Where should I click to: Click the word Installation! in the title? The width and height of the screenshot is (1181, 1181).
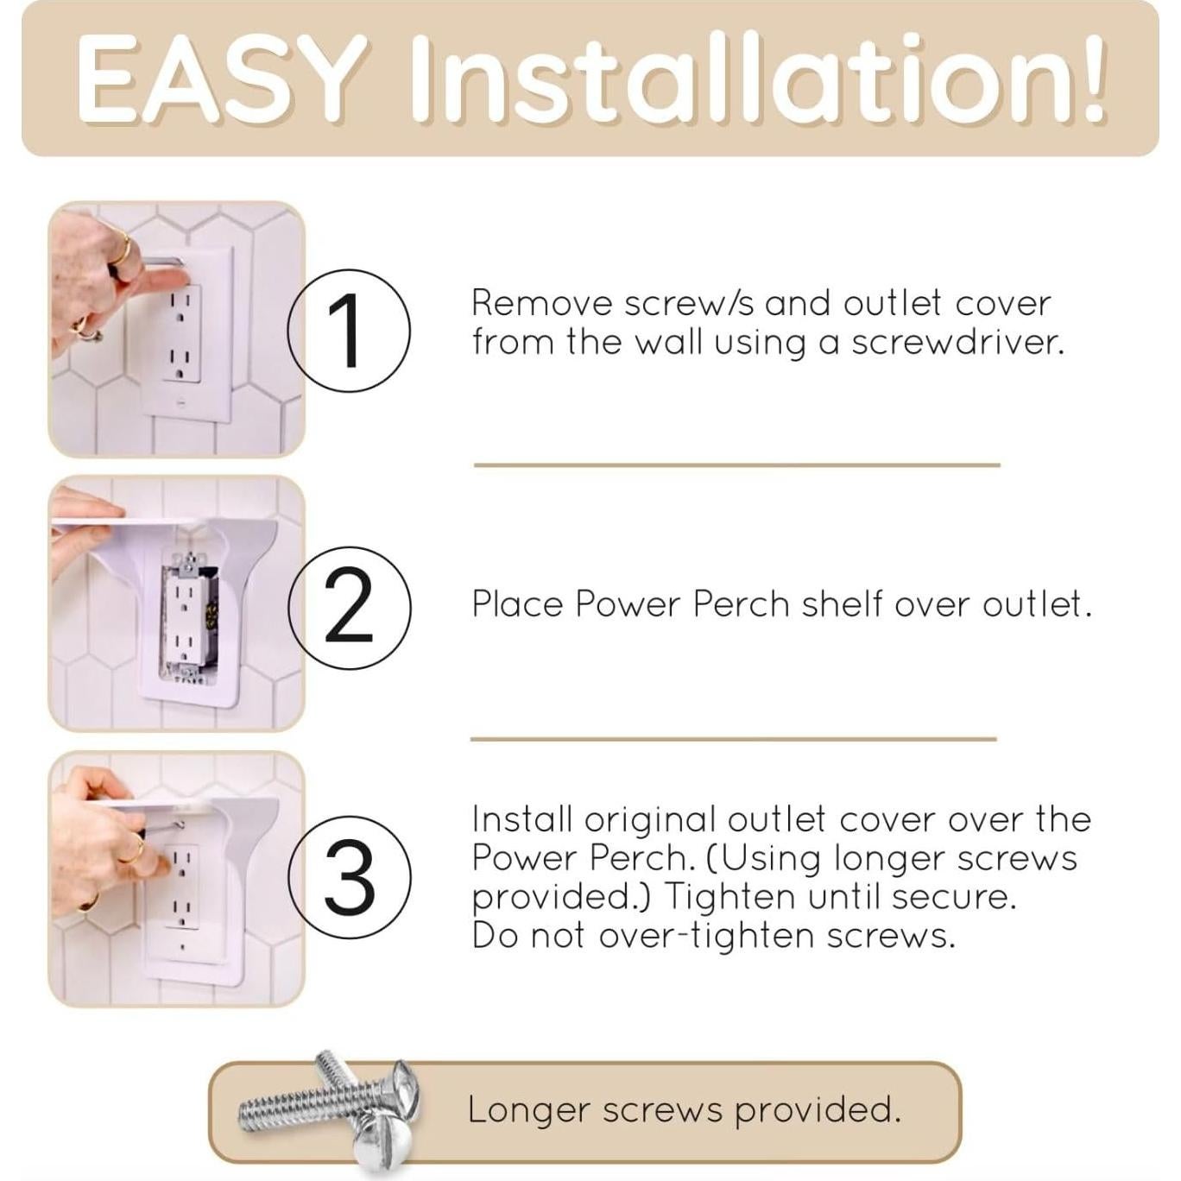tap(758, 79)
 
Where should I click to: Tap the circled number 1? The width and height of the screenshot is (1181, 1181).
tap(348, 331)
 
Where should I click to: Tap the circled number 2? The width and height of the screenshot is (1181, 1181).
tap(349, 607)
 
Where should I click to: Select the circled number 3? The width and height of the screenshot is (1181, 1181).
tap(349, 877)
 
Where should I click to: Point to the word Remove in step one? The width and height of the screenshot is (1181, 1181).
tap(541, 304)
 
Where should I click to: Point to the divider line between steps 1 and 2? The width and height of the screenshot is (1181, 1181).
tap(736, 465)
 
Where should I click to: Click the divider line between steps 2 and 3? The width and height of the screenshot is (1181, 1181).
tap(733, 739)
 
